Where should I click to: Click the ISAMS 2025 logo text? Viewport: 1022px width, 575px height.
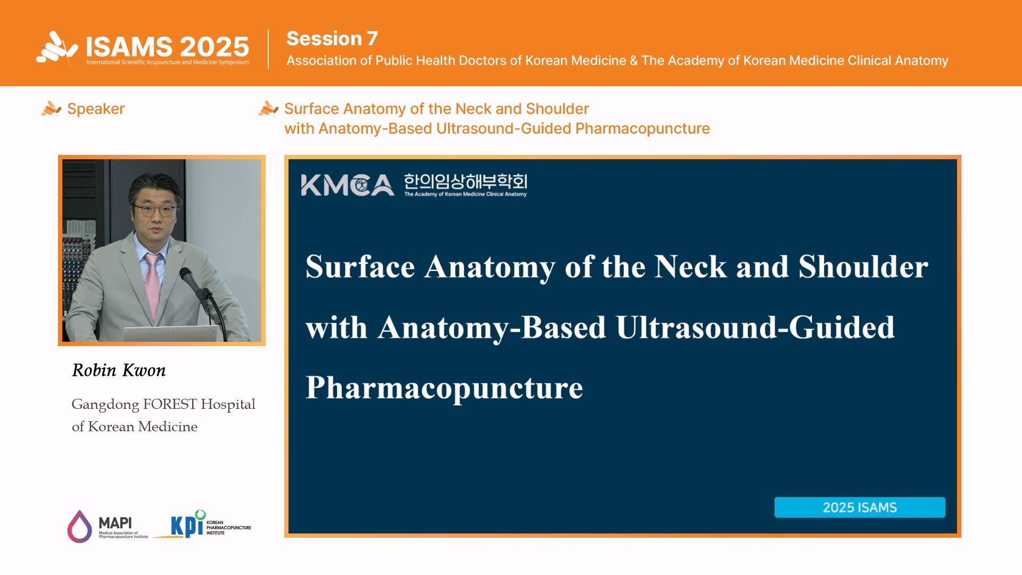coord(168,47)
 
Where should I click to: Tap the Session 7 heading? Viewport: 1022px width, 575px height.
coord(332,38)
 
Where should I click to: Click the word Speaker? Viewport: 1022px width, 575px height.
coord(96,109)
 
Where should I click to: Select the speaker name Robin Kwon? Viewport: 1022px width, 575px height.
coord(119,370)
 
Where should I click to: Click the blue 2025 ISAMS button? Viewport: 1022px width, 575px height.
coord(860,507)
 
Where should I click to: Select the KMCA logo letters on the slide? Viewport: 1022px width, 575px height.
coord(348,185)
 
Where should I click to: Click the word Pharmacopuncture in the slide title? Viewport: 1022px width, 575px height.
coord(444,388)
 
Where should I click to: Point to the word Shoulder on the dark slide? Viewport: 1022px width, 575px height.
coord(863,267)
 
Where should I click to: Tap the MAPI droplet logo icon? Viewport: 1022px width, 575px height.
coord(79,527)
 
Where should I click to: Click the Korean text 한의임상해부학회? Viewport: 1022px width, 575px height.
coord(466,182)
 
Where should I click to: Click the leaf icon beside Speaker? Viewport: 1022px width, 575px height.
coord(52,109)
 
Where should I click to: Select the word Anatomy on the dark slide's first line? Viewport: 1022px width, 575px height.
coord(490,267)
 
